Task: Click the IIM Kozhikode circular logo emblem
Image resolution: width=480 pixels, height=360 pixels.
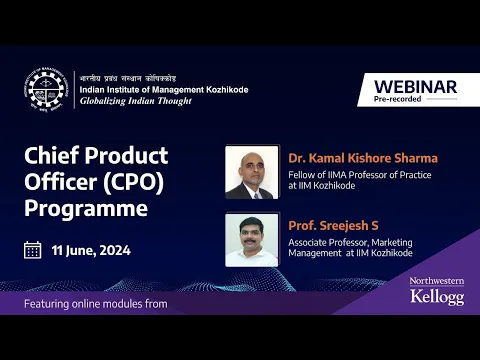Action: tap(46, 90)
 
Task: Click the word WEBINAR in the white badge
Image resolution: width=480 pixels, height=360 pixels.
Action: tap(415, 87)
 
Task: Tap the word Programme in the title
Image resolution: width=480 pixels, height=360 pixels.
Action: tap(85, 210)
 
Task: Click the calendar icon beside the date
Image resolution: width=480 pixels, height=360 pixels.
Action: tap(32, 250)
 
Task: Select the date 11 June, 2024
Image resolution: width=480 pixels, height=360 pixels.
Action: tap(92, 250)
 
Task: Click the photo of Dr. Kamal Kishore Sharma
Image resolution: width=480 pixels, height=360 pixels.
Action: tap(251, 172)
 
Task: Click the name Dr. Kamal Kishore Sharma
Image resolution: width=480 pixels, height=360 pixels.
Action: tap(362, 158)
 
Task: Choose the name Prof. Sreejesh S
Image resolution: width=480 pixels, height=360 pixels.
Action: tap(332, 226)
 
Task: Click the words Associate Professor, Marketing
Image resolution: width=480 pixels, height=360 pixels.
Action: tap(350, 243)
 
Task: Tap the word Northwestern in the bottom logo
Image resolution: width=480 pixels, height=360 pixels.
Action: tap(437, 283)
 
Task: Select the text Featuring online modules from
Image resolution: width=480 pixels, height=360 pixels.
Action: tap(96, 303)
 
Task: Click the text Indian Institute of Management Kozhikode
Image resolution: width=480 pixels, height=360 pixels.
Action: tap(164, 90)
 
